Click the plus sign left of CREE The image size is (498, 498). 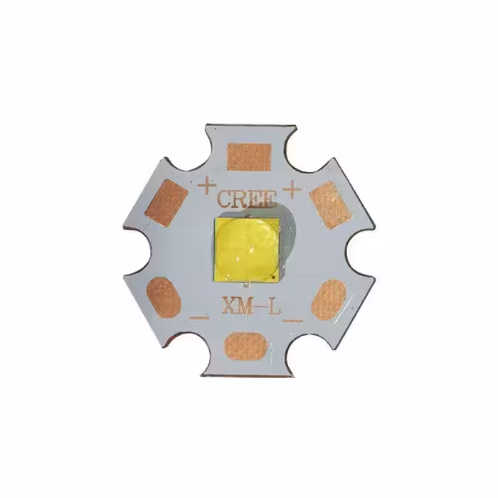tap(206, 186)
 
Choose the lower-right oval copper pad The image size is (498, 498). tap(329, 298)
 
